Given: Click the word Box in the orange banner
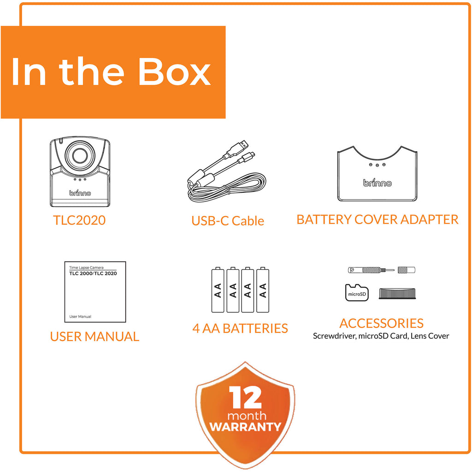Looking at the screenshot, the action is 174,71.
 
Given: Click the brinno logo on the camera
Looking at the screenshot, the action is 80,193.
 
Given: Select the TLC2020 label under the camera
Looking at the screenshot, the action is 79,220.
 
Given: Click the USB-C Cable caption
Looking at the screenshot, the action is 228,221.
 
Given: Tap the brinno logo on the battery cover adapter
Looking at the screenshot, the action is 377,183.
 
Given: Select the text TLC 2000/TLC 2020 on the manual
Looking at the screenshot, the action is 93,273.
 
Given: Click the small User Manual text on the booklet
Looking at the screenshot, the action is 80,316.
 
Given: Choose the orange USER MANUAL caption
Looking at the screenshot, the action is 94,336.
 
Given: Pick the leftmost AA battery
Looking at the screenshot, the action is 218,289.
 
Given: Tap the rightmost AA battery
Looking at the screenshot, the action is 263,289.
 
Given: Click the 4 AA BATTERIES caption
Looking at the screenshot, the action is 240,328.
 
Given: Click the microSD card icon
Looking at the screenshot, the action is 357,293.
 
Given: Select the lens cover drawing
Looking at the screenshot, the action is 397,294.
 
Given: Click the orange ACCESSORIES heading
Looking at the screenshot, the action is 381,323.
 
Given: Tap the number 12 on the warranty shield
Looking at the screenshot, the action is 245,397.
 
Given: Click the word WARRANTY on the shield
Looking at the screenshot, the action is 245,426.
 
